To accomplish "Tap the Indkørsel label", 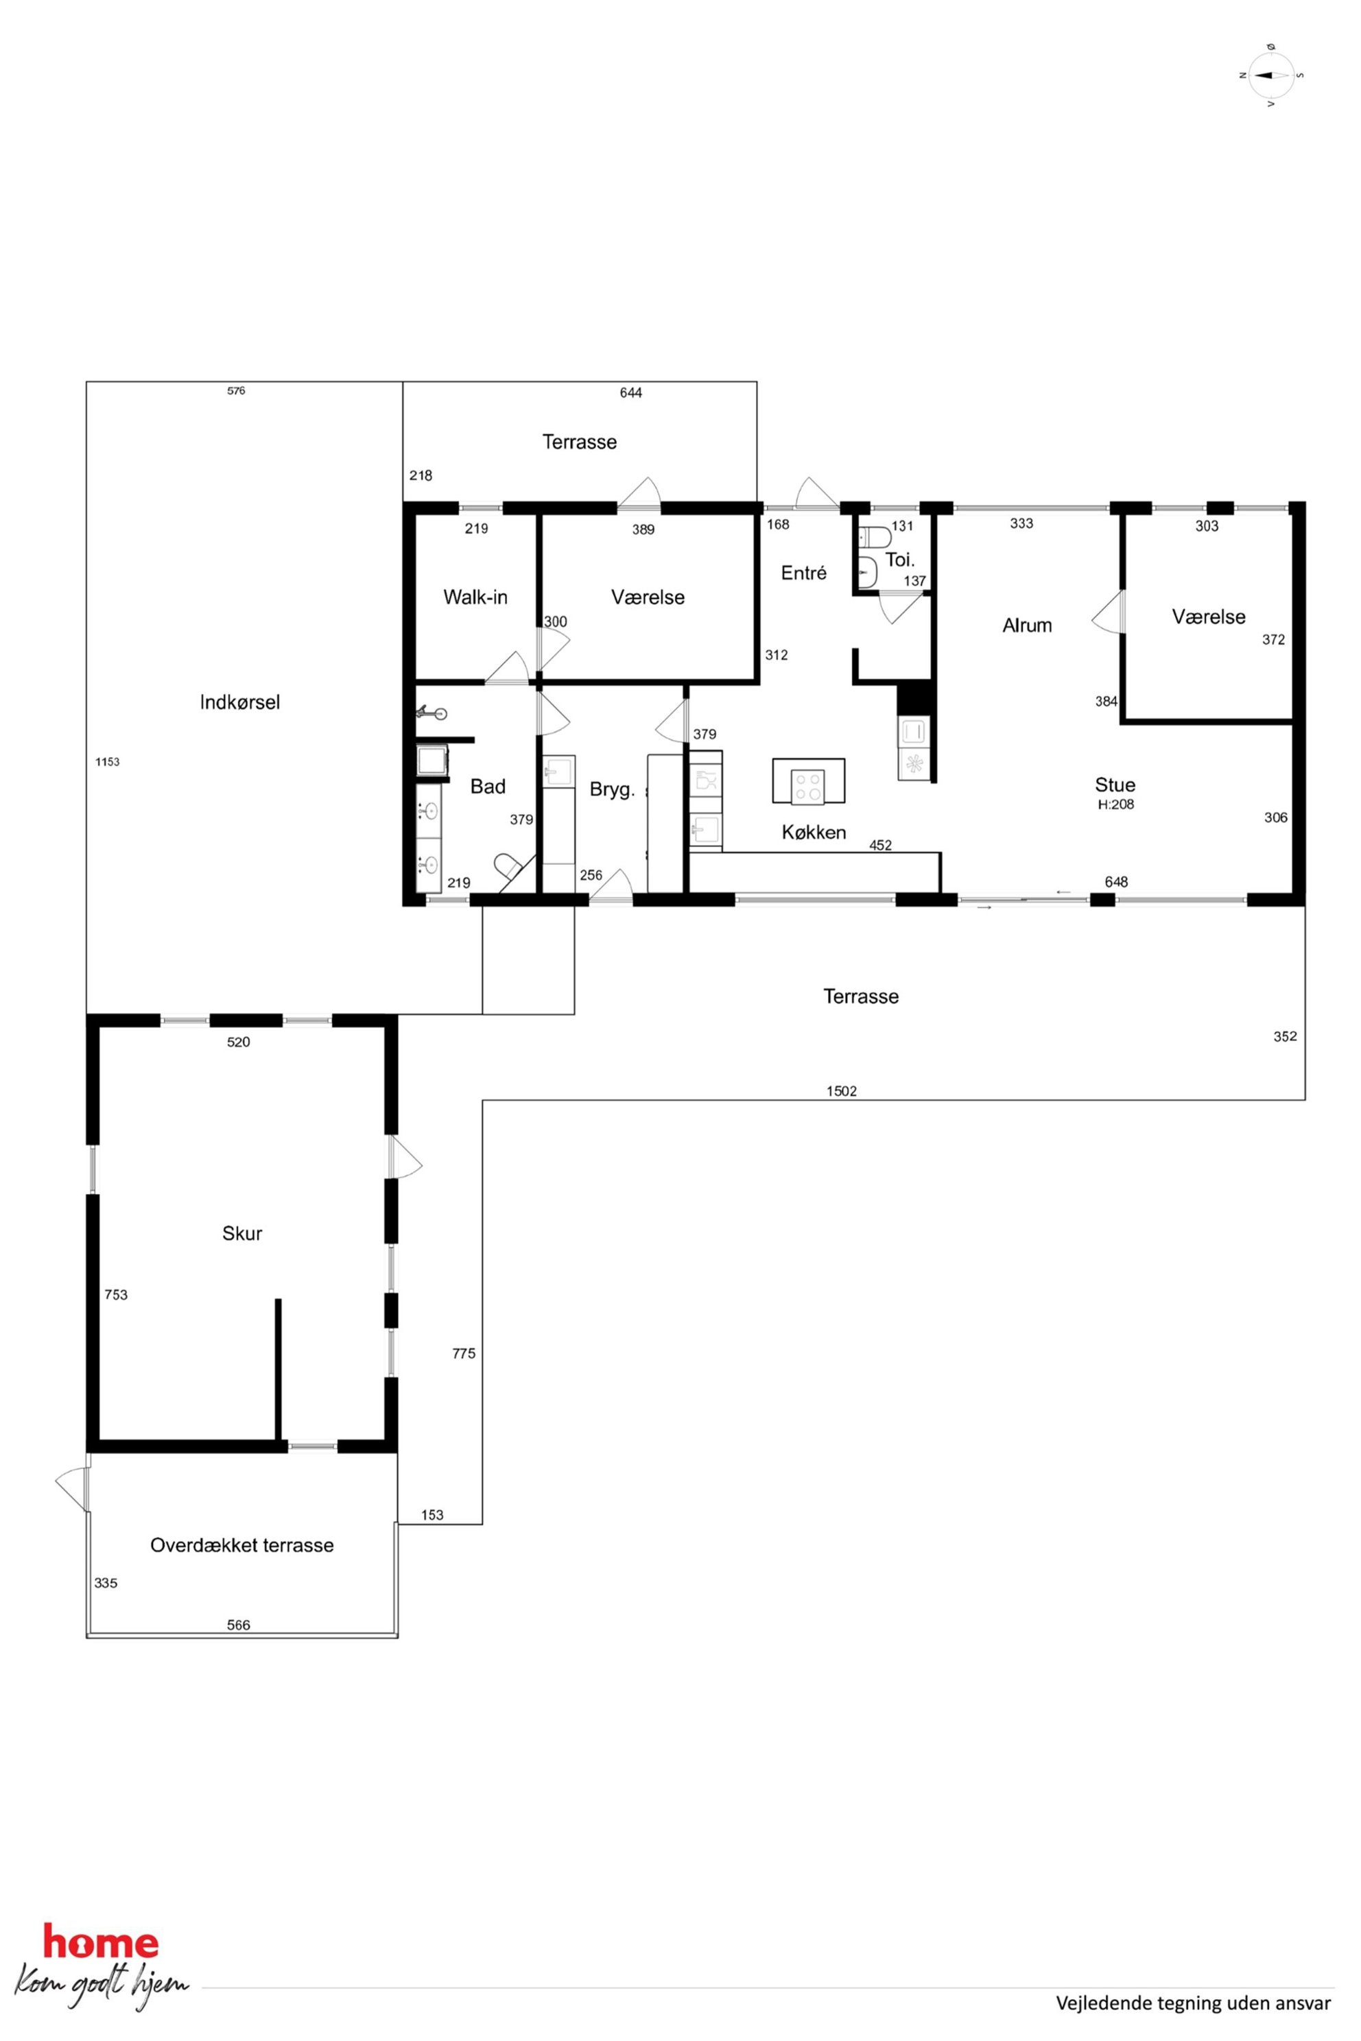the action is (x=239, y=702).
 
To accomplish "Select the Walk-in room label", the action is (x=475, y=597).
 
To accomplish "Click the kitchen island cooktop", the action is (x=809, y=786).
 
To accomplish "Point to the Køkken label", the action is (x=814, y=832).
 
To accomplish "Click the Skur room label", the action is (x=242, y=1233).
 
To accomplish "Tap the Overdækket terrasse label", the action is (x=241, y=1544).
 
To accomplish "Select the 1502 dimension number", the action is (x=841, y=1090).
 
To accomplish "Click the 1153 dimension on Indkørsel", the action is (x=108, y=762).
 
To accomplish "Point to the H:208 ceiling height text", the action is (x=1115, y=804).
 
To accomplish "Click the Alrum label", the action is (x=1027, y=625).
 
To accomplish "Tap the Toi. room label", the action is (x=899, y=560).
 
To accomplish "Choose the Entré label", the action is (x=804, y=573).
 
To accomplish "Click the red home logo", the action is (x=101, y=1941).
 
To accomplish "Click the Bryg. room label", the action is (x=612, y=789).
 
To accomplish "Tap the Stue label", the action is (x=1115, y=785).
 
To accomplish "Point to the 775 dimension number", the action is (x=464, y=1353).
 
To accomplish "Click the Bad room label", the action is (x=488, y=786).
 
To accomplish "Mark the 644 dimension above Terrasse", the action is (x=631, y=392).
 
